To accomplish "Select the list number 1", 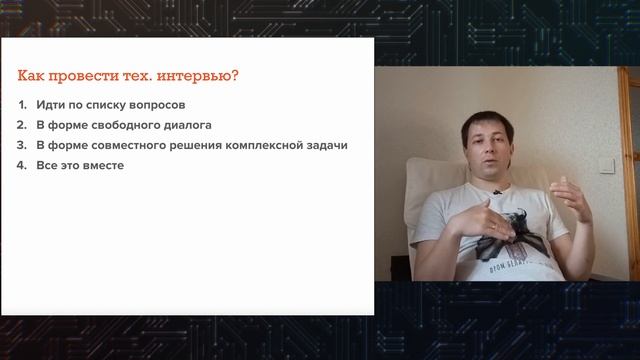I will pyautogui.click(x=23, y=105).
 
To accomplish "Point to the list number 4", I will pyautogui.click(x=23, y=165).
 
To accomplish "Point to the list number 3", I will pyautogui.click(x=23, y=145).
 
